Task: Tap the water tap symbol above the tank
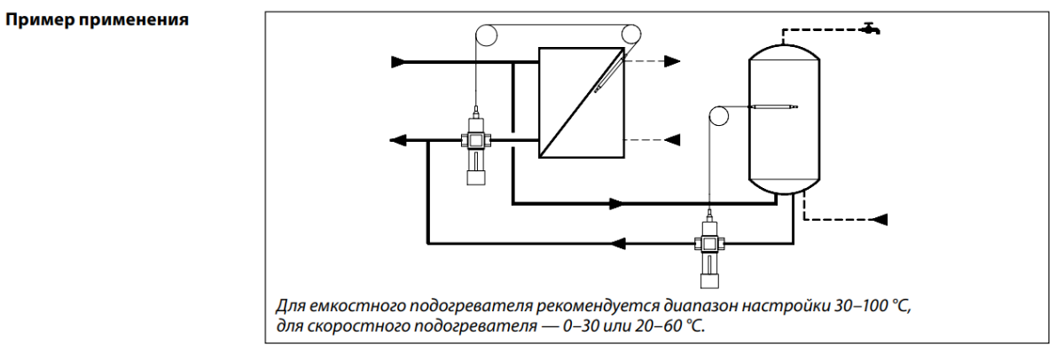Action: coord(872,29)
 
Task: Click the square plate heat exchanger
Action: coord(582,103)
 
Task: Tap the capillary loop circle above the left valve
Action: coord(486,35)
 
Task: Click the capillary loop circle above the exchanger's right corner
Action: coord(631,35)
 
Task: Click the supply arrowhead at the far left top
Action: coord(400,62)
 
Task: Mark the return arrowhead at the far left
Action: coord(398,140)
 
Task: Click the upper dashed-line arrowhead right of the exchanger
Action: coord(673,61)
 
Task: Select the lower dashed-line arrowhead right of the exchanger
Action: coord(672,139)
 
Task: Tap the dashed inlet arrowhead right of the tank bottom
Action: coord(880,218)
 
